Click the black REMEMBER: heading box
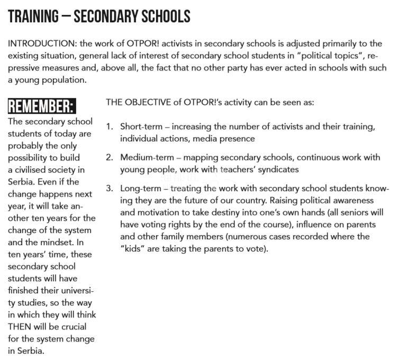42,106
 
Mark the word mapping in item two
200,158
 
